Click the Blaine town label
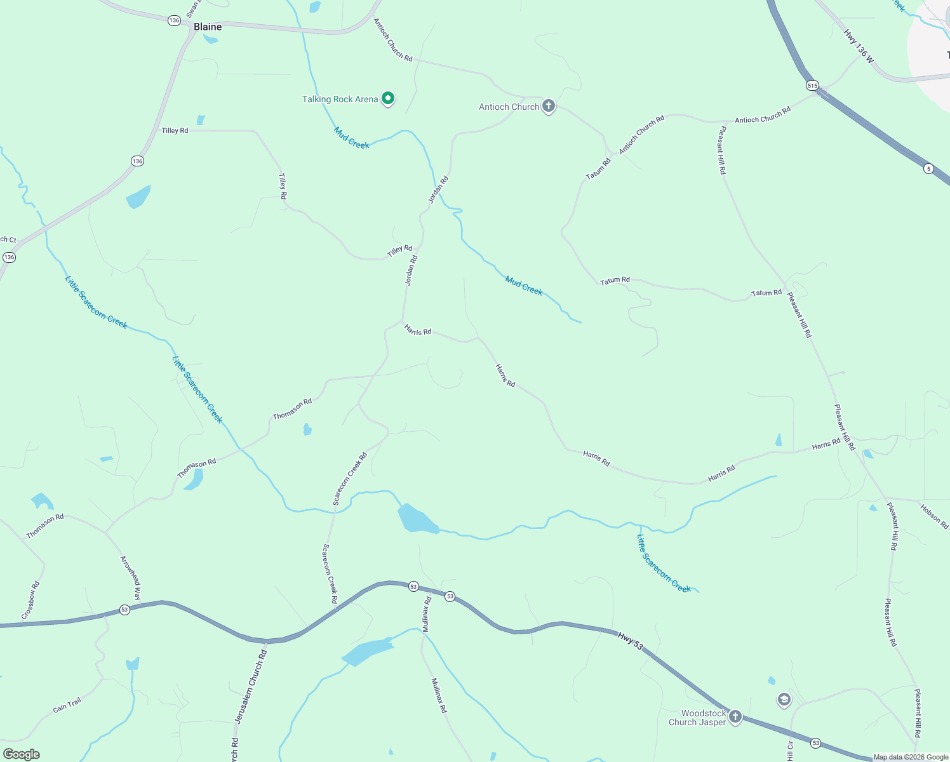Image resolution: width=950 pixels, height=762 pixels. (x=208, y=27)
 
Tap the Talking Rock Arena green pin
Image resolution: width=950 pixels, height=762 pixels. (x=388, y=98)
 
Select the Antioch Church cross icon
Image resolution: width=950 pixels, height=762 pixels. (x=549, y=106)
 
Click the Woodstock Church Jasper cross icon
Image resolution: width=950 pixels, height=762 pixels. (x=735, y=717)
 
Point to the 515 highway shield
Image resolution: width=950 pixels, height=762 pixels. (x=812, y=85)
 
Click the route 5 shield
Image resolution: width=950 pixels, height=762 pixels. (x=928, y=168)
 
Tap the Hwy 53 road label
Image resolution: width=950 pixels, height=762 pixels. (x=630, y=641)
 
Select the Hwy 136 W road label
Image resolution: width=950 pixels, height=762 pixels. (x=859, y=46)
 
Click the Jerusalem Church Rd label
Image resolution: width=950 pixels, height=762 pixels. (x=251, y=686)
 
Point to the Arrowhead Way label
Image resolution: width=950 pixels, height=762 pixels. (x=131, y=578)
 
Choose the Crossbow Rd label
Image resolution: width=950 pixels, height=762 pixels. (x=30, y=600)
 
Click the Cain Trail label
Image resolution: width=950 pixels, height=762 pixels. (x=67, y=705)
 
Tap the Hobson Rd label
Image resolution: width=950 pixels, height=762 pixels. (x=934, y=516)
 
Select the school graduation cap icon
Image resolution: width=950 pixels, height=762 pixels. (x=784, y=700)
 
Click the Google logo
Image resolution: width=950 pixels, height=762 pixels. (x=21, y=754)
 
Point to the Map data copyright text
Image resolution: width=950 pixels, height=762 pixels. (x=910, y=757)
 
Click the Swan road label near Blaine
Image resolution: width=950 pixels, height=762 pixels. (x=193, y=9)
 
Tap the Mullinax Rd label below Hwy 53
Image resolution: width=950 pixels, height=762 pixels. (x=439, y=695)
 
